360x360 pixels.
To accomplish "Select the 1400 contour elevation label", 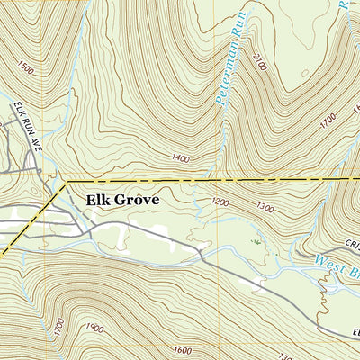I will point(180,158).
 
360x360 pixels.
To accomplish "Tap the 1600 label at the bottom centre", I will point(184,350).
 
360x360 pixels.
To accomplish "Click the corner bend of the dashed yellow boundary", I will point(66,183).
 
